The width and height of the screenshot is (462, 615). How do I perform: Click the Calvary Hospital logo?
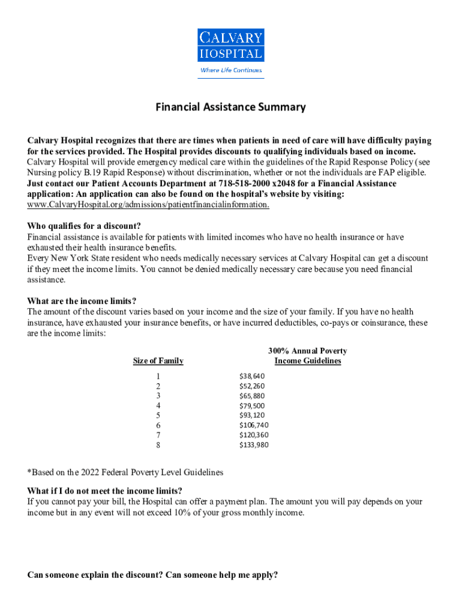click(230, 46)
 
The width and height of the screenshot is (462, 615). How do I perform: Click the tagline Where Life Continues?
click(230, 70)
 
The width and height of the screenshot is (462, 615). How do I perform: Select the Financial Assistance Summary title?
click(230, 108)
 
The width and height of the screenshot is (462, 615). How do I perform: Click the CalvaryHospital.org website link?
click(148, 205)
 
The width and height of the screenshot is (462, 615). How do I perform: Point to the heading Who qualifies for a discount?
click(84, 226)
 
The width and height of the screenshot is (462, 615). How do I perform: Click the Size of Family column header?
click(158, 361)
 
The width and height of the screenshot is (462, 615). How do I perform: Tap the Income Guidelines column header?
click(307, 361)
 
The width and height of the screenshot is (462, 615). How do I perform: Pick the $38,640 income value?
click(251, 377)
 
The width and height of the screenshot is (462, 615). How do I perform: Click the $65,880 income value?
click(251, 396)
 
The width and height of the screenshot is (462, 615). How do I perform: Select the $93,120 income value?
click(251, 415)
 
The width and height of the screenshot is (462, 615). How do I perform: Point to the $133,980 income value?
click(254, 445)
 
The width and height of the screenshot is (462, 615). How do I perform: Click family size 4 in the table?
click(158, 405)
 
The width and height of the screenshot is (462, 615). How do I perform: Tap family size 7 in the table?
click(158, 435)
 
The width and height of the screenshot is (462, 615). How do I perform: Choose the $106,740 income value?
click(254, 425)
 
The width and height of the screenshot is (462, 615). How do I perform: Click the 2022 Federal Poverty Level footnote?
click(125, 473)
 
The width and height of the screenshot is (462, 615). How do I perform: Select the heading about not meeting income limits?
click(105, 491)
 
